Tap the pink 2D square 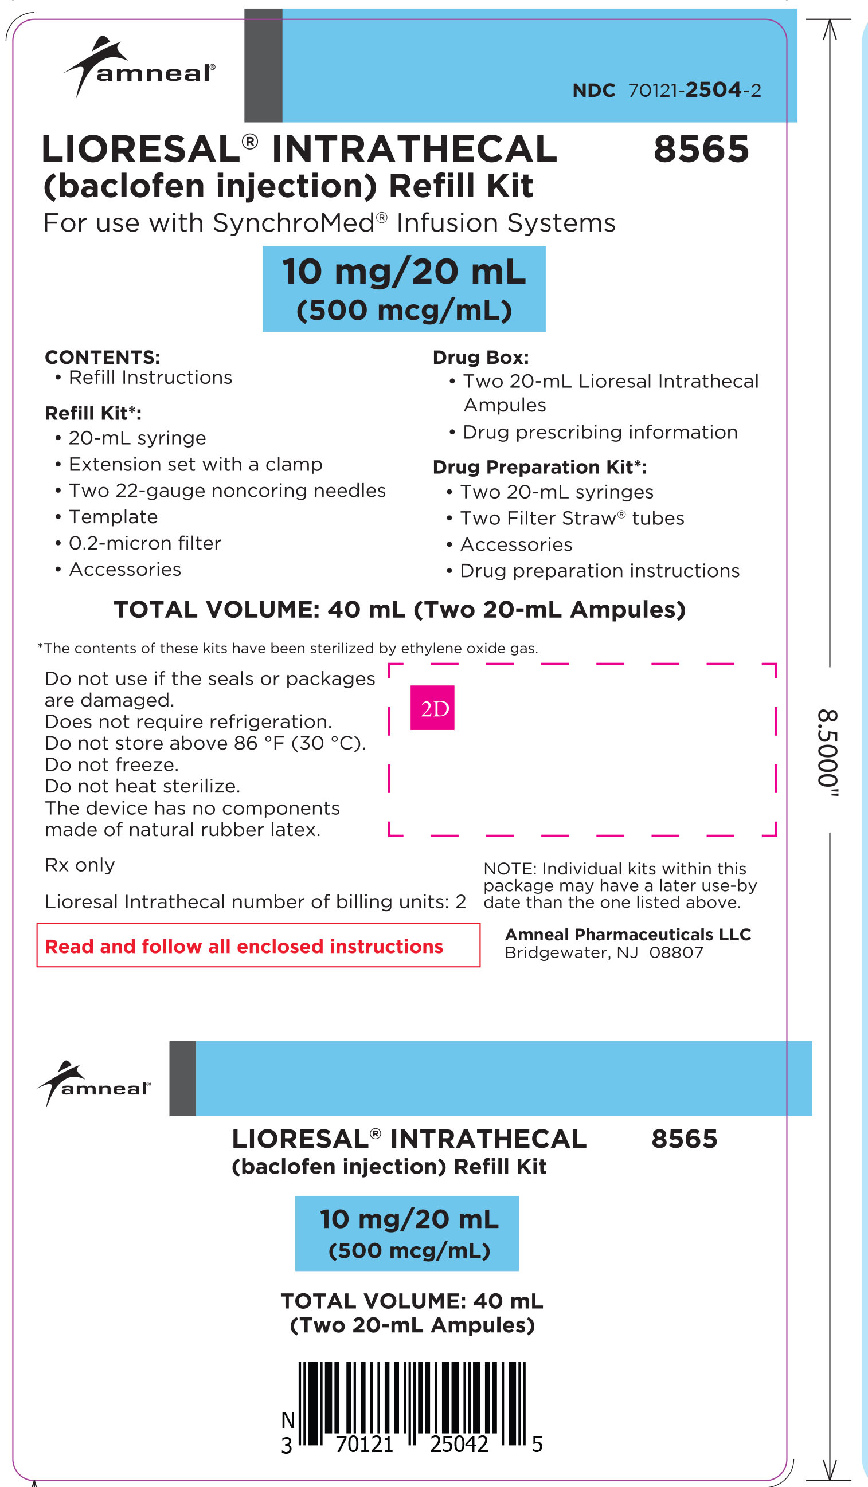[432, 708]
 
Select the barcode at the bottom [411, 1404]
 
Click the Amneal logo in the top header [139, 66]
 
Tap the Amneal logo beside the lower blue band [94, 1084]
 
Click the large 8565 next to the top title [701, 150]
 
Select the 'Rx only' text [80, 865]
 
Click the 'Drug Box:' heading [480, 358]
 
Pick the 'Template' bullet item [113, 517]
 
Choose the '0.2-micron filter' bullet [144, 543]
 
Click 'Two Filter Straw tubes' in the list [572, 518]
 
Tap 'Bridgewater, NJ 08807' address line [604, 952]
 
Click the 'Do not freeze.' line [112, 765]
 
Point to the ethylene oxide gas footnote [288, 648]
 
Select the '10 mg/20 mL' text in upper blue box [404, 272]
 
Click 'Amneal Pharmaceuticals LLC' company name [628, 934]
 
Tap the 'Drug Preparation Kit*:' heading [539, 468]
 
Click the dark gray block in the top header [263, 65]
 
